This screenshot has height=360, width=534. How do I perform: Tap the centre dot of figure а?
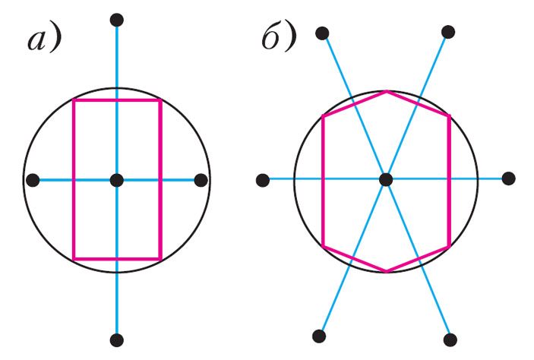coord(116,180)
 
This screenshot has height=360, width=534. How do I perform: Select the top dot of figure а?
coord(116,19)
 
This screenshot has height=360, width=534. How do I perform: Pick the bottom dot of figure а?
coord(116,339)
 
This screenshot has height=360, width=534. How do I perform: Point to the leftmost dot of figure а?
coord(33,180)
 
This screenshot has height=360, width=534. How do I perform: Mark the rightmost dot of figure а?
coord(201,180)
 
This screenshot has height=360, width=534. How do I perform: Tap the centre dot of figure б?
coord(386,179)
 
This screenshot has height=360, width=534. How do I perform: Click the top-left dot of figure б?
coord(322,33)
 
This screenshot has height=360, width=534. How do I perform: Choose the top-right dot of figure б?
coord(449,32)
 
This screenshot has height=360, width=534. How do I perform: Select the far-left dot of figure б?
coord(263,180)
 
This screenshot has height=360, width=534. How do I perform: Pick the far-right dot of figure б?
coord(509,178)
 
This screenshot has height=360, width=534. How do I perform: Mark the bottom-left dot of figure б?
coord(319,336)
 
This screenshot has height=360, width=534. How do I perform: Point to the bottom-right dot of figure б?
coord(450,339)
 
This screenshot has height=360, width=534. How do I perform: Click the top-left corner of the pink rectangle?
coord(74,100)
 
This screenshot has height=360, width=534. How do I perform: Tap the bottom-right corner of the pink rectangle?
coord(160,258)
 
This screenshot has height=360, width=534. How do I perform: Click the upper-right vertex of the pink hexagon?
coord(450,115)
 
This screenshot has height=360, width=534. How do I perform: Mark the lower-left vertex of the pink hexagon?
coord(324,246)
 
